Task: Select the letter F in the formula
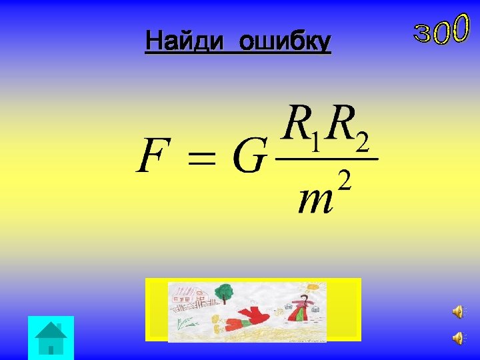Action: [152, 155]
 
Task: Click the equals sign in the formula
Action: [202, 159]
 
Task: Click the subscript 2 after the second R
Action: [362, 141]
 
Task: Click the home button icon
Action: [51, 337]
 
